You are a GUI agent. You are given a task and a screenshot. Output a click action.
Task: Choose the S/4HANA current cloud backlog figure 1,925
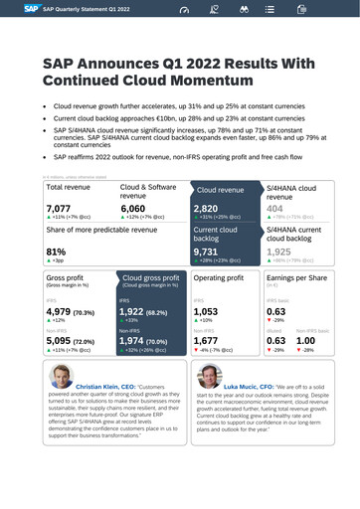(280, 253)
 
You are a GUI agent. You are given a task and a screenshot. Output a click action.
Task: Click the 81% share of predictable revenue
(56, 252)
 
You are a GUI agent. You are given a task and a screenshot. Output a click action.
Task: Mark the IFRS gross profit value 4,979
(61, 310)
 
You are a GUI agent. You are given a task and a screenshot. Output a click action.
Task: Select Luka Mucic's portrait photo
(209, 376)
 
